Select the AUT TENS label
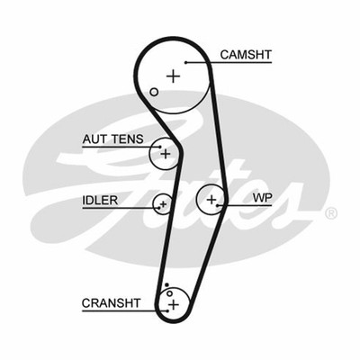pos(112,140)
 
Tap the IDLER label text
pos(100,200)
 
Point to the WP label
pos(263,196)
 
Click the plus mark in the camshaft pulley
pos(172,76)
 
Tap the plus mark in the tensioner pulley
pos(165,154)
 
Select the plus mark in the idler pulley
pos(163,204)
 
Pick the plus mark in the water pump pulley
pos(211,199)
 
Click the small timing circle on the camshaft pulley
pos(154,92)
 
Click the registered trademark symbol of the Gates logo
pos(330,213)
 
